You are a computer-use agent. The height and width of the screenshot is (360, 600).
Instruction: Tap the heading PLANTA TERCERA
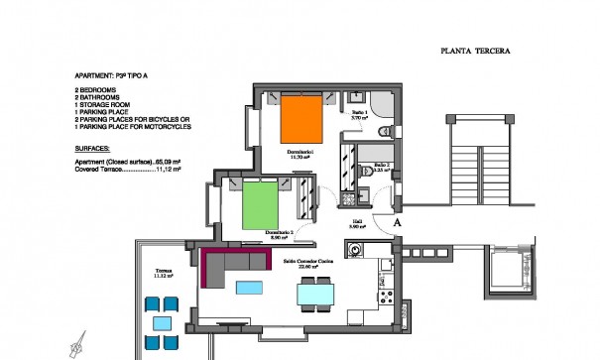tap(474, 52)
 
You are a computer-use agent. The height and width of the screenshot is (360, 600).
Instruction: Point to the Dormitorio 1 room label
tap(300, 151)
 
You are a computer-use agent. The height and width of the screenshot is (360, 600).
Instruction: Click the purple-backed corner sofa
tap(233, 263)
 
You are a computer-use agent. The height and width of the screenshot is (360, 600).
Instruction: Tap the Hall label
tap(356, 222)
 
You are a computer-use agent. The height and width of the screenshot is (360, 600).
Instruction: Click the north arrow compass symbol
tap(76, 345)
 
